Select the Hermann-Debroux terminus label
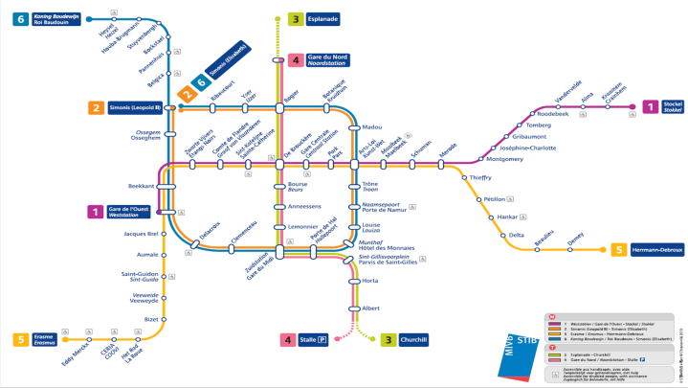coord(656,250)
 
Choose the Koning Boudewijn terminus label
coord(59,19)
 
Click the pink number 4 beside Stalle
coord(288,339)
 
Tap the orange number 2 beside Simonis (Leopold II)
coord(96,107)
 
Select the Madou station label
coord(372,126)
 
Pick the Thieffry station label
coord(480,177)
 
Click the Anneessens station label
coord(305,206)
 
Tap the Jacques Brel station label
coord(140,234)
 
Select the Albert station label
coord(372,308)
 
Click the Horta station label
coord(371,281)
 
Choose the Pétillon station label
coord(494,198)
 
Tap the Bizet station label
coord(150,319)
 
